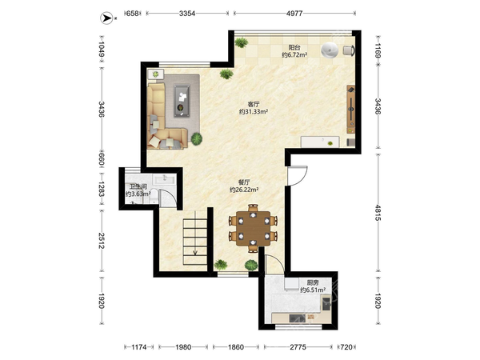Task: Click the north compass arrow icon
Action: pos(106,18)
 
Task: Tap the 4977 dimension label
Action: pos(294,14)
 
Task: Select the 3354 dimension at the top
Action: pos(187,14)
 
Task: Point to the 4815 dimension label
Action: pos(378,213)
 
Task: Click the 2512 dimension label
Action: pos(102,241)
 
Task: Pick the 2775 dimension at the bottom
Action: pos(298,347)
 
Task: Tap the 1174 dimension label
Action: pos(139,347)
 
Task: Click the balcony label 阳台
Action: pos(294,48)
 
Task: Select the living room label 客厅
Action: pos(254,104)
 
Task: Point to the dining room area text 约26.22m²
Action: pos(244,190)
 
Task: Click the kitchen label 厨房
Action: pos(313,283)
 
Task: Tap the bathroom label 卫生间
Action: pos(138,186)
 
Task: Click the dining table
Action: pos(253,228)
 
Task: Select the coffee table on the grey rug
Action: pos(182,101)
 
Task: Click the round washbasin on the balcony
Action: pos(330,50)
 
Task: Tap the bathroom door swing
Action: pos(167,198)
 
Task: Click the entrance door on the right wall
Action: pos(297,176)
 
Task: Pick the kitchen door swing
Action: pos(274,263)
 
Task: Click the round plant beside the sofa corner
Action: pos(197,138)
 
